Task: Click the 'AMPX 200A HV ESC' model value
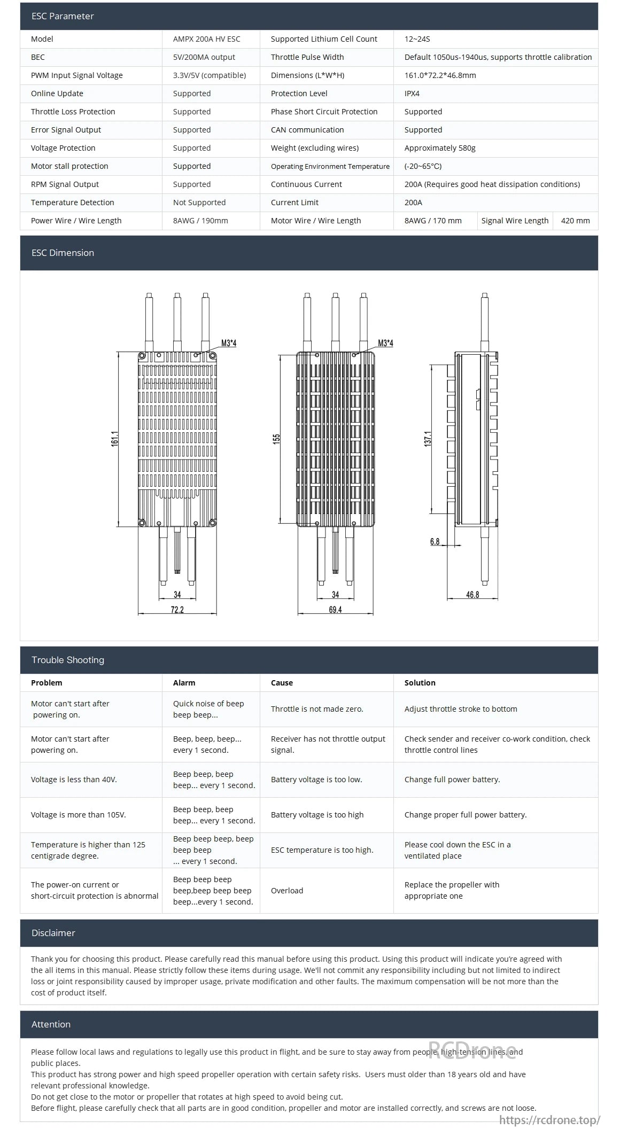point(206,39)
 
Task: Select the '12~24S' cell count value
point(417,39)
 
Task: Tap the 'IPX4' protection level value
point(412,94)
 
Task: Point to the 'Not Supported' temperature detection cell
point(199,202)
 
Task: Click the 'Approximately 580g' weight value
point(439,148)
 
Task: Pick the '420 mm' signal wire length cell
point(575,221)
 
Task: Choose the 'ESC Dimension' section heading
point(63,253)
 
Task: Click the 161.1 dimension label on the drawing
point(115,439)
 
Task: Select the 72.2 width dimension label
point(177,610)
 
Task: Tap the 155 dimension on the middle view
point(276,439)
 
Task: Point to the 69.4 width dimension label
point(335,610)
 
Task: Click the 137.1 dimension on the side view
point(428,439)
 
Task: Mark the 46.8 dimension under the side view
point(472,595)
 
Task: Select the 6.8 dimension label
point(435,542)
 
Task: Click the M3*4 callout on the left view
point(229,343)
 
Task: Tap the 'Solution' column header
point(420,683)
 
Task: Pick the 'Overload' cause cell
point(287,891)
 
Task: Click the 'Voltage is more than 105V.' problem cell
point(79,815)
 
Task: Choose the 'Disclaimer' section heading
point(53,933)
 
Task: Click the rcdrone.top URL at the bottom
point(549,1120)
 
